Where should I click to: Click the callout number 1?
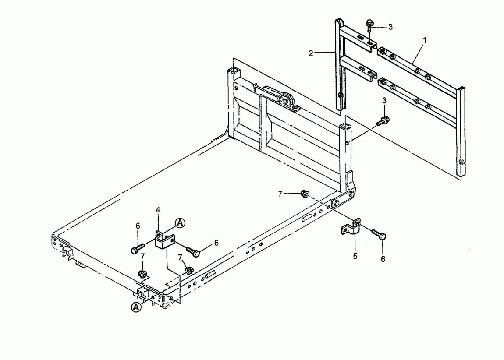coord(425,41)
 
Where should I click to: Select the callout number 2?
coord(310,53)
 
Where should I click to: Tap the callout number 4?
coord(158,210)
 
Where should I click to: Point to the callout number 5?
coord(355,256)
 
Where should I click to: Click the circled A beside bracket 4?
coord(180,222)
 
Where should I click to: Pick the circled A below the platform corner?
coord(136,307)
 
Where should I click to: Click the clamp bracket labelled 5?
coord(351,227)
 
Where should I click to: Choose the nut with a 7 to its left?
coord(304,194)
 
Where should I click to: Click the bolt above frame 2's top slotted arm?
coord(369,26)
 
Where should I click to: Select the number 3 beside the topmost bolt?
coord(390,27)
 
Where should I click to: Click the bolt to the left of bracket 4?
coord(138,249)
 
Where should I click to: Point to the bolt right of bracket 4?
coord(193,251)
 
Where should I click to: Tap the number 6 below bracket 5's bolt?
coord(383,259)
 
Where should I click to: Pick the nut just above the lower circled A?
coord(142,274)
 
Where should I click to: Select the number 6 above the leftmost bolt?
coord(138,226)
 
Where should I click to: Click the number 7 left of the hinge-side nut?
coord(280,194)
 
